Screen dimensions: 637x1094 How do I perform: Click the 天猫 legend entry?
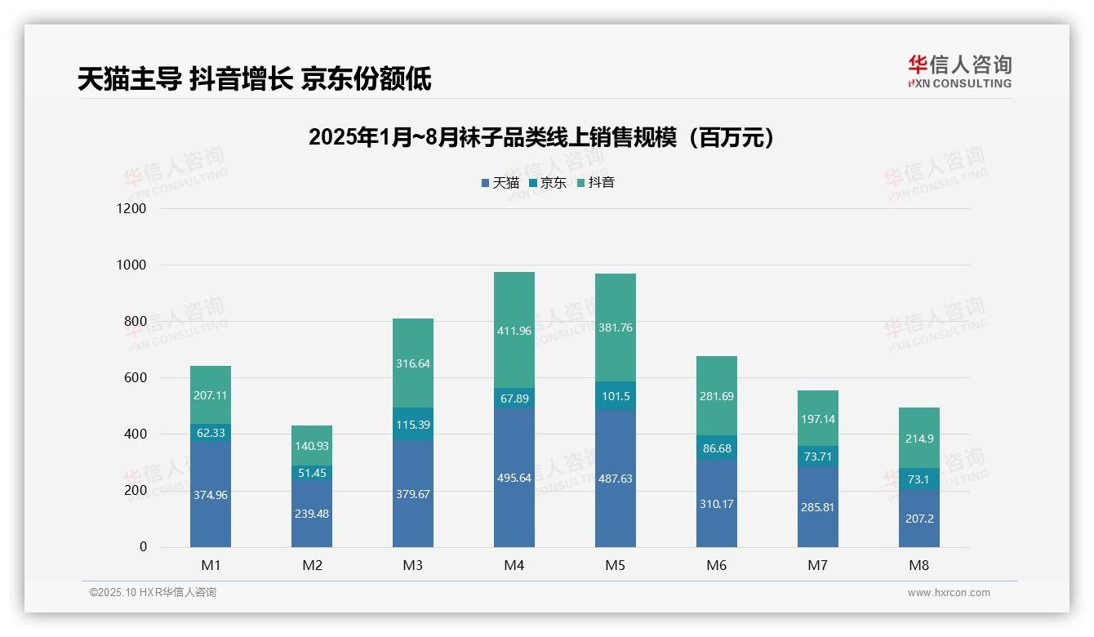(x=500, y=183)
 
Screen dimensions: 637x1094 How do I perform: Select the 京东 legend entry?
(x=547, y=183)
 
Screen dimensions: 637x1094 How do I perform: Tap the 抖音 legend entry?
(x=595, y=183)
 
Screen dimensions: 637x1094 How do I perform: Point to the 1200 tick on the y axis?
(x=131, y=209)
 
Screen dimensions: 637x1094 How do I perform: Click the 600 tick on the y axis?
(x=136, y=378)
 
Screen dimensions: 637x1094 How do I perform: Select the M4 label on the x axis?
(x=514, y=566)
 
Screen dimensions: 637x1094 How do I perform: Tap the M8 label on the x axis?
(x=919, y=566)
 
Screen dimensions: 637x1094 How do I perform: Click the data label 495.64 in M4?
(x=514, y=478)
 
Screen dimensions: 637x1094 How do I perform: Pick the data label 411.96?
(x=514, y=331)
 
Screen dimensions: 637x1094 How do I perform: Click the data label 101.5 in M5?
(x=616, y=396)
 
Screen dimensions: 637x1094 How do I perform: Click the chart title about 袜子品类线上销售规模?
(x=540, y=137)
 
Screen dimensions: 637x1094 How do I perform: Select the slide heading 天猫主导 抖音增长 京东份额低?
(x=255, y=79)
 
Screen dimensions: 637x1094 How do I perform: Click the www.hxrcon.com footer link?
(x=949, y=593)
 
